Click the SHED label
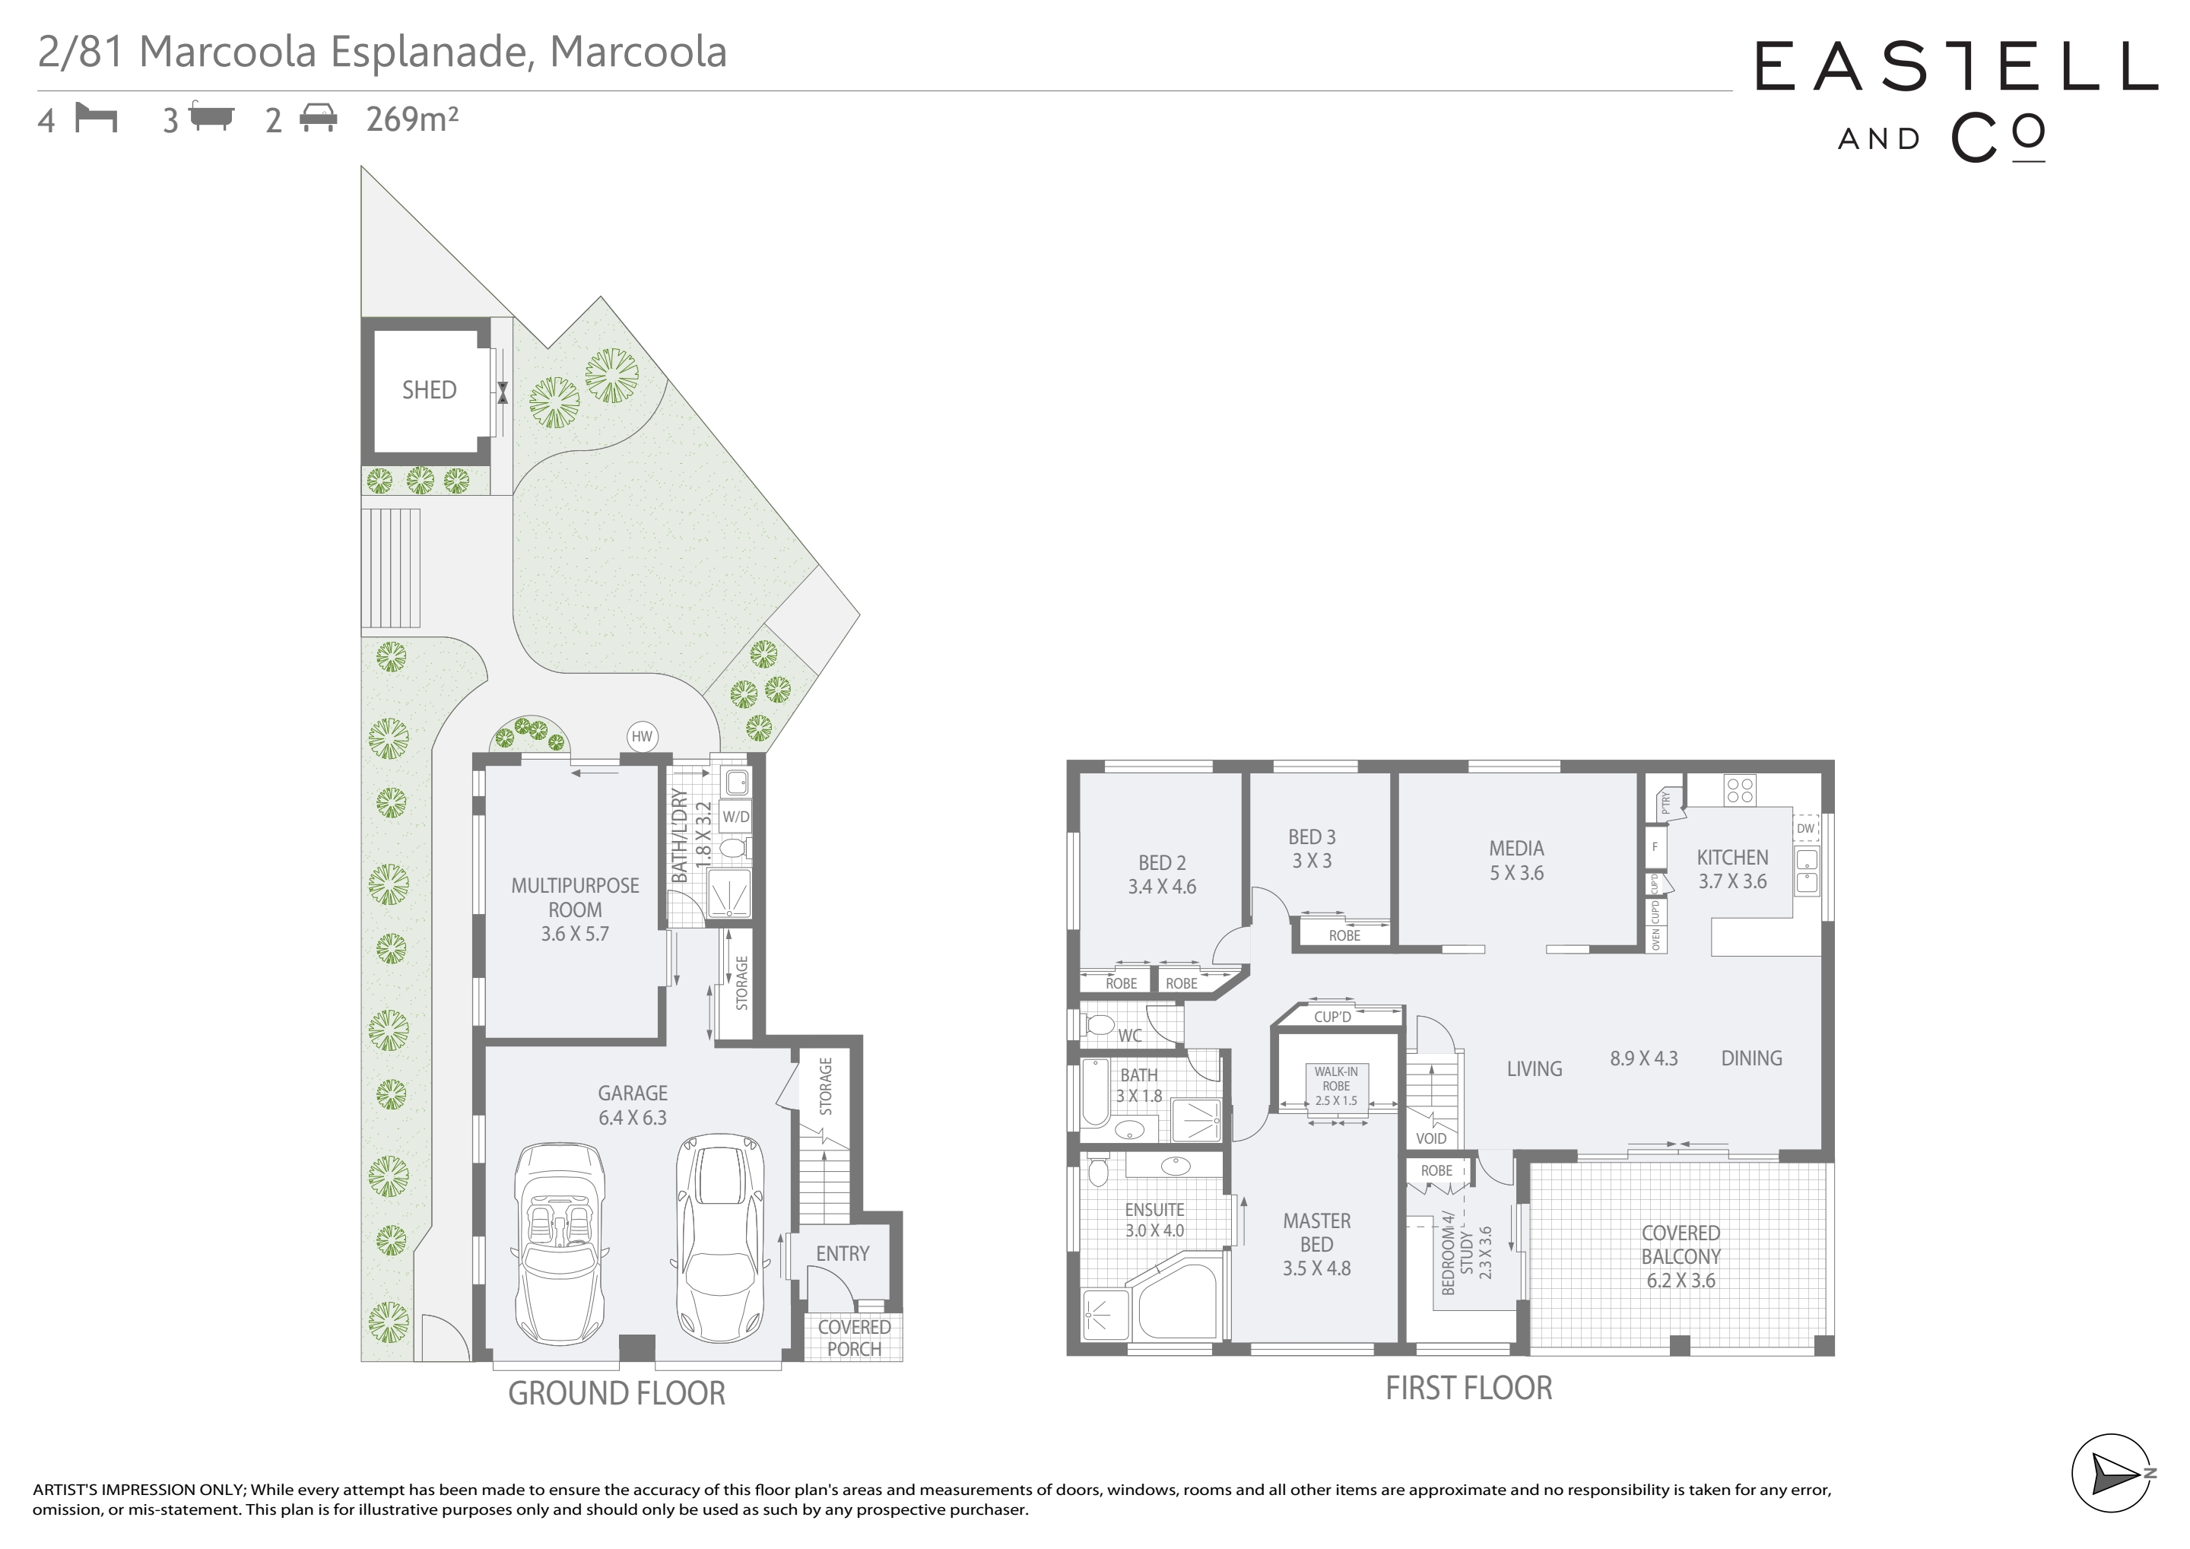click(x=429, y=390)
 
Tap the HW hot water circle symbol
click(x=642, y=736)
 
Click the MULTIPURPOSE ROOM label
click(x=575, y=897)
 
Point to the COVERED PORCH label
click(x=855, y=1338)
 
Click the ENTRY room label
click(x=843, y=1253)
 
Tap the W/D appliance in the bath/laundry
click(x=735, y=817)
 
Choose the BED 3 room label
click(x=1312, y=836)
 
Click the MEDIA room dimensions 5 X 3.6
click(x=1516, y=873)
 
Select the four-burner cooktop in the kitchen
click(x=1740, y=791)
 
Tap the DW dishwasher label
click(x=1805, y=829)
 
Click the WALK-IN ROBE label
click(x=1336, y=1079)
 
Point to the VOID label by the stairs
click(x=1431, y=1138)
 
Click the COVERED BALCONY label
click(x=1681, y=1245)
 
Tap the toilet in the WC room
click(x=1099, y=1025)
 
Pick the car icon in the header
click(x=319, y=119)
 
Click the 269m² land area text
click(x=412, y=119)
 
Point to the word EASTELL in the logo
click(x=1957, y=66)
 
